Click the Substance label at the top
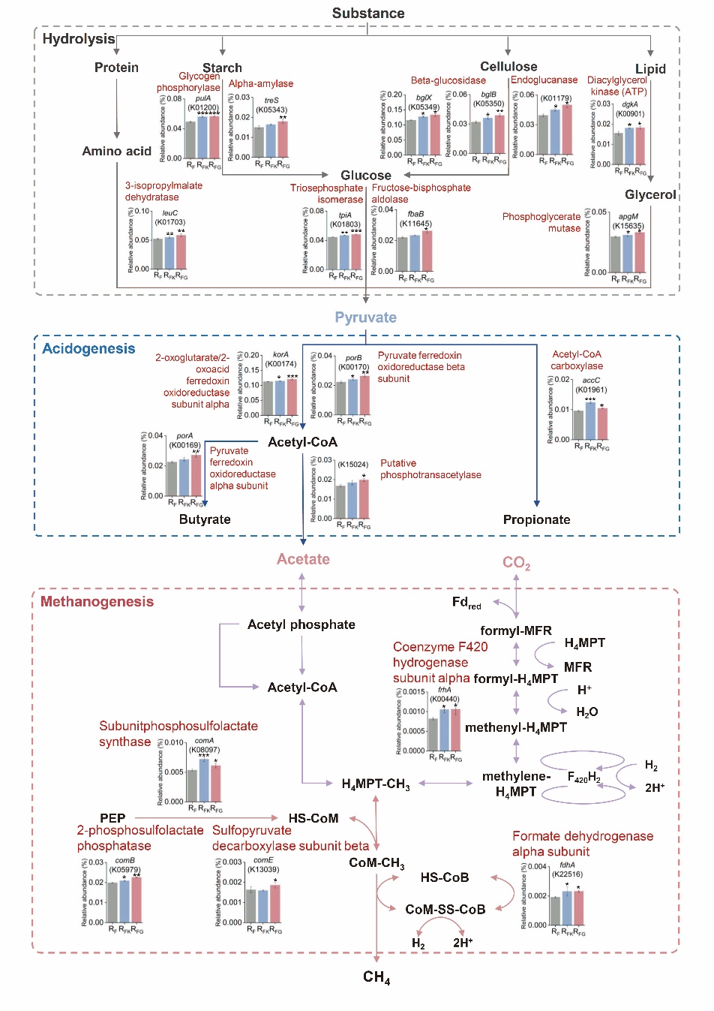368,14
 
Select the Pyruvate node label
366,317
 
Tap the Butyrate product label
205,519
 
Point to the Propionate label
536,520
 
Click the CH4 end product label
376,977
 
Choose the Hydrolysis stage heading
79,39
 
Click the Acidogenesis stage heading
88,349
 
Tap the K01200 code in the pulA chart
203,107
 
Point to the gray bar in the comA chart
192,786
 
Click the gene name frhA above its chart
445,690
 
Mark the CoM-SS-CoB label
445,910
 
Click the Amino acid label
117,152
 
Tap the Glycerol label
650,195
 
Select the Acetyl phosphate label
301,625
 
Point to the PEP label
112,818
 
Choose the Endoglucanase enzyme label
544,80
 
